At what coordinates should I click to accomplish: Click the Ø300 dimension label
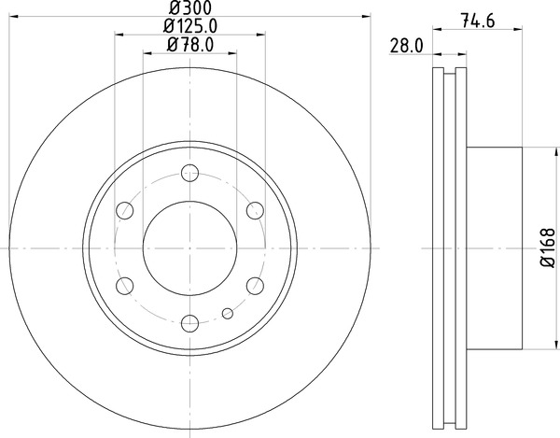(189, 7)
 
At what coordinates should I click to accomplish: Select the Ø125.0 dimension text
(190, 26)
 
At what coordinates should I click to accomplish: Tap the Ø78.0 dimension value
(190, 45)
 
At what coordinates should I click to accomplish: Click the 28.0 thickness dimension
(406, 47)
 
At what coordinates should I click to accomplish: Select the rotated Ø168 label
(548, 247)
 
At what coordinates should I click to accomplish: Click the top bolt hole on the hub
(190, 173)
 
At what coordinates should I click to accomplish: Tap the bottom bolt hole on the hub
(190, 324)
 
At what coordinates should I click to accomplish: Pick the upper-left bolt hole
(125, 210)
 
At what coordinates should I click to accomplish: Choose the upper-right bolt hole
(255, 210)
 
